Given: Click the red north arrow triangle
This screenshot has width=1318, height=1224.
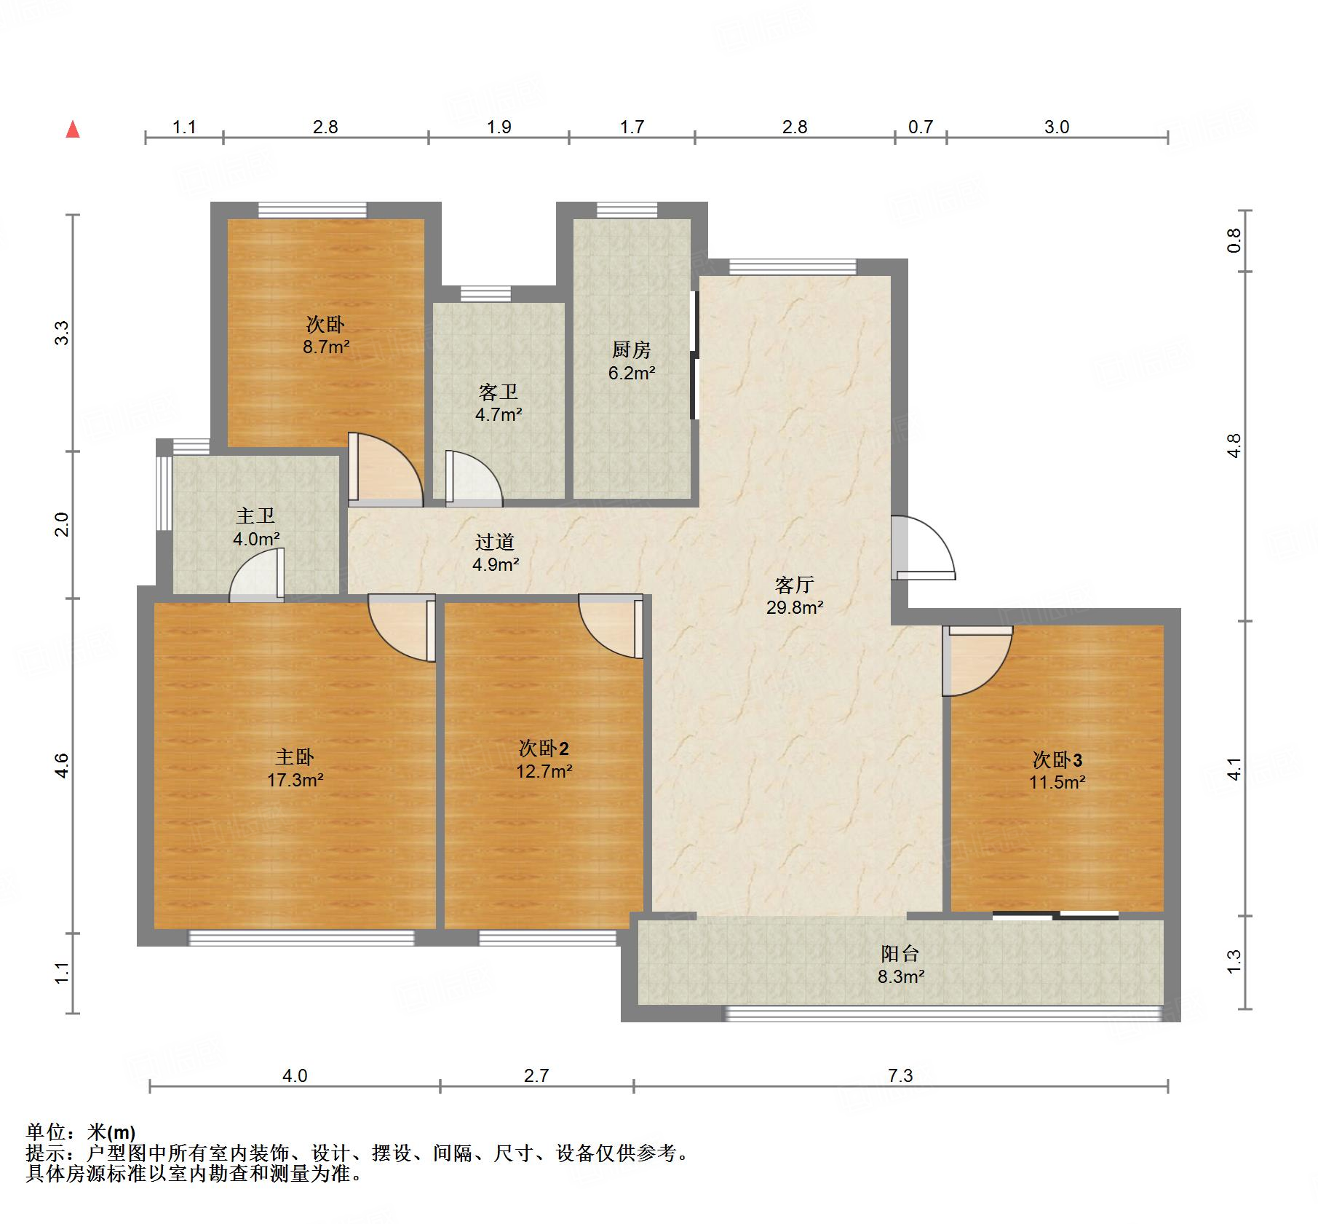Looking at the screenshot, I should pos(73,130).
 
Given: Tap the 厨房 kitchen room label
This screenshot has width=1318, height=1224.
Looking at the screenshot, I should pos(631,350).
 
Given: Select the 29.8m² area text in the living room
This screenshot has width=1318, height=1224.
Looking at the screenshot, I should pos(794,607).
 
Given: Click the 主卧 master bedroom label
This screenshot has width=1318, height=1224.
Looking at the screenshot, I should pos(295,757).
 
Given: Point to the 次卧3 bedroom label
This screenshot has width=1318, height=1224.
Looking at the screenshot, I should pos(1057,760).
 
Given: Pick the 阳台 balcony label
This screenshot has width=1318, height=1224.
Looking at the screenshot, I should pos(900,954).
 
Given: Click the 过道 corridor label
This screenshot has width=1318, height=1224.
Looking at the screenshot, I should pos(495,542).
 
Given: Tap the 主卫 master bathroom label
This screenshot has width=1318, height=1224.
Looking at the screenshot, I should pos(255,516).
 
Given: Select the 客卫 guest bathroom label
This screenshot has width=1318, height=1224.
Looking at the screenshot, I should pos(499,392).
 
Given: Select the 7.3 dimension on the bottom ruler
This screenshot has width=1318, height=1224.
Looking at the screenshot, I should pos(900,1075).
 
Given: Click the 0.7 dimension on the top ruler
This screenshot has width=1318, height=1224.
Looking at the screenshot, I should pos(920,127).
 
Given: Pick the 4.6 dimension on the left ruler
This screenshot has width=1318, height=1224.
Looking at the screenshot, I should pos(62,765).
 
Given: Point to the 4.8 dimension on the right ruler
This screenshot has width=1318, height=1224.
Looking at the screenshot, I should pos(1234,446).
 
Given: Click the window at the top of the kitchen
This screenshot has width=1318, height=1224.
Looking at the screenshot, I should pos(627,210).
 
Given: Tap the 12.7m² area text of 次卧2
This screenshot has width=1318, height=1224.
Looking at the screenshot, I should pos(544,770).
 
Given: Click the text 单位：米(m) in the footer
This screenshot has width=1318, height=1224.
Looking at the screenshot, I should pos(81,1132).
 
